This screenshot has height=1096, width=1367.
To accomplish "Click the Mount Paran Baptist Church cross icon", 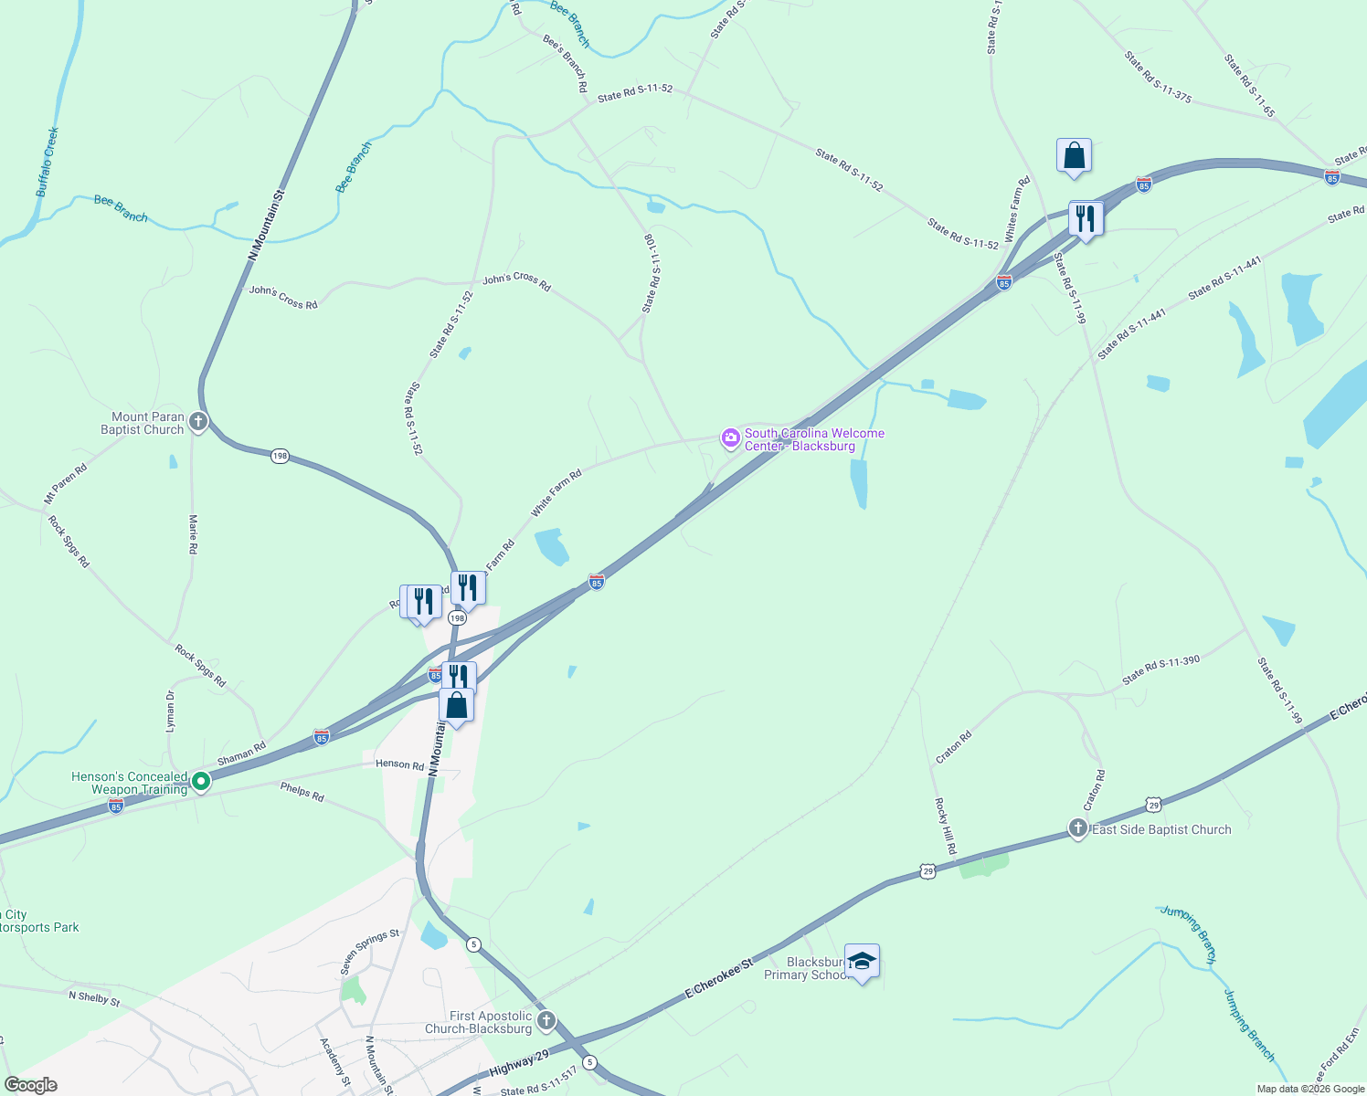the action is tap(198, 423).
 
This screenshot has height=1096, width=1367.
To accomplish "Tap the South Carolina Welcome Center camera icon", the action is tap(730, 438).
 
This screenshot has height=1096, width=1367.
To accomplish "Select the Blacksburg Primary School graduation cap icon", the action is tap(862, 962).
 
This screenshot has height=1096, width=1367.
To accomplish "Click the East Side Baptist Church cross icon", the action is tap(1078, 828).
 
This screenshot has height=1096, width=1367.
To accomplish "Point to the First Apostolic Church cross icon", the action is tap(546, 1021).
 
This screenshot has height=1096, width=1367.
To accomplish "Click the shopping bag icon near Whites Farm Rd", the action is tap(1074, 156).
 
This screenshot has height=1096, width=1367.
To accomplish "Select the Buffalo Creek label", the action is tap(48, 163).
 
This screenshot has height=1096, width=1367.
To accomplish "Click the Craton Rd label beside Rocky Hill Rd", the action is tap(953, 747).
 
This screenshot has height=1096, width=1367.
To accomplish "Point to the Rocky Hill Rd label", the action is tap(945, 827).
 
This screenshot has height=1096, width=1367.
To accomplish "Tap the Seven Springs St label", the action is tap(370, 952).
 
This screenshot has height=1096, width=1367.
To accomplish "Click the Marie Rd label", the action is tap(193, 534).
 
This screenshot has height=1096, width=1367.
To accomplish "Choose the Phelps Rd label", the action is tap(302, 791).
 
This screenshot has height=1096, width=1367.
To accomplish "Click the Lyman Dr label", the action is tap(170, 711).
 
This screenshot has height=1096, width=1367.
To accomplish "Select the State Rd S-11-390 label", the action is tap(1160, 670).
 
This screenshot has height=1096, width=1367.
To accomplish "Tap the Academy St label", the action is tap(334, 1062).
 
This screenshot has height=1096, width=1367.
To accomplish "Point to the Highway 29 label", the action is tap(519, 1063).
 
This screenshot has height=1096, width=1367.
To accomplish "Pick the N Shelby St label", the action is tap(94, 998).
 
